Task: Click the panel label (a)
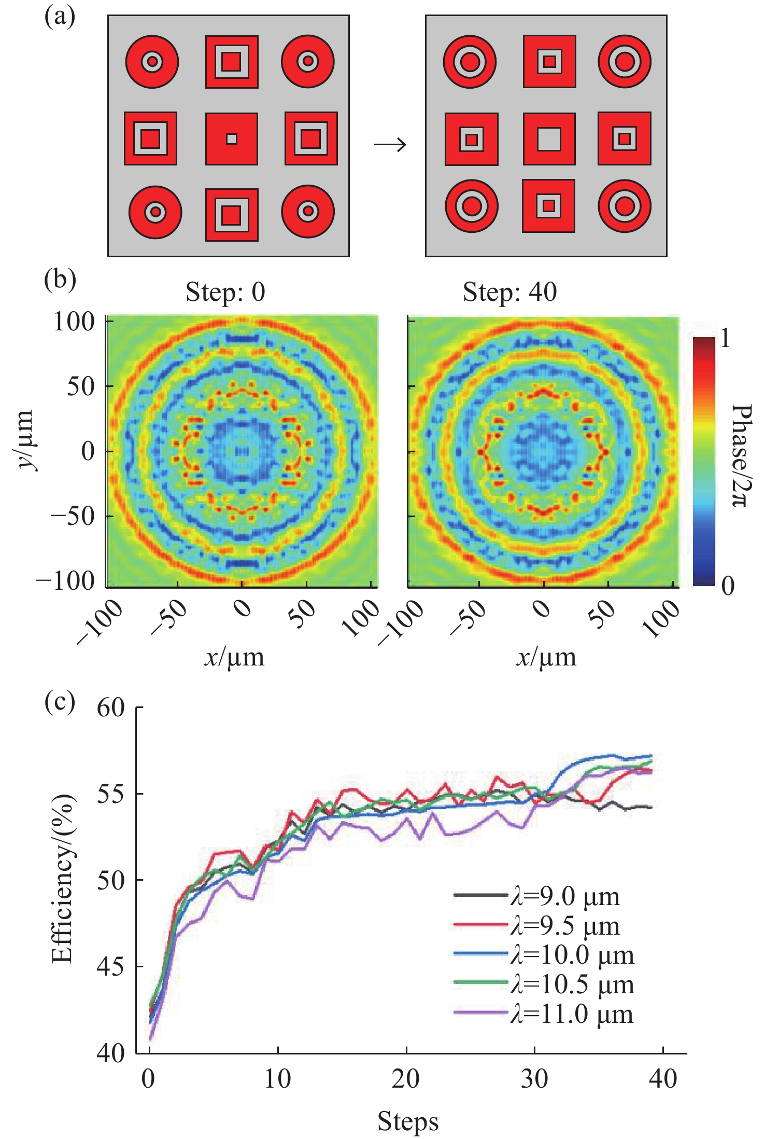coord(60,18)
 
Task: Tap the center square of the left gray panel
coord(232,139)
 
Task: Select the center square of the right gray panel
coord(549,139)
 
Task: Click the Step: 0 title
coord(225,292)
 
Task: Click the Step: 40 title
coord(509,292)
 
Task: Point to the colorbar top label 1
coord(725,339)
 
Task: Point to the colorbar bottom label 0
coord(728,586)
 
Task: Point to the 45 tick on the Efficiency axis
coord(111,967)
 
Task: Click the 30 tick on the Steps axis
coord(534,1079)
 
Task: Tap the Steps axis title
coord(408,1121)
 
